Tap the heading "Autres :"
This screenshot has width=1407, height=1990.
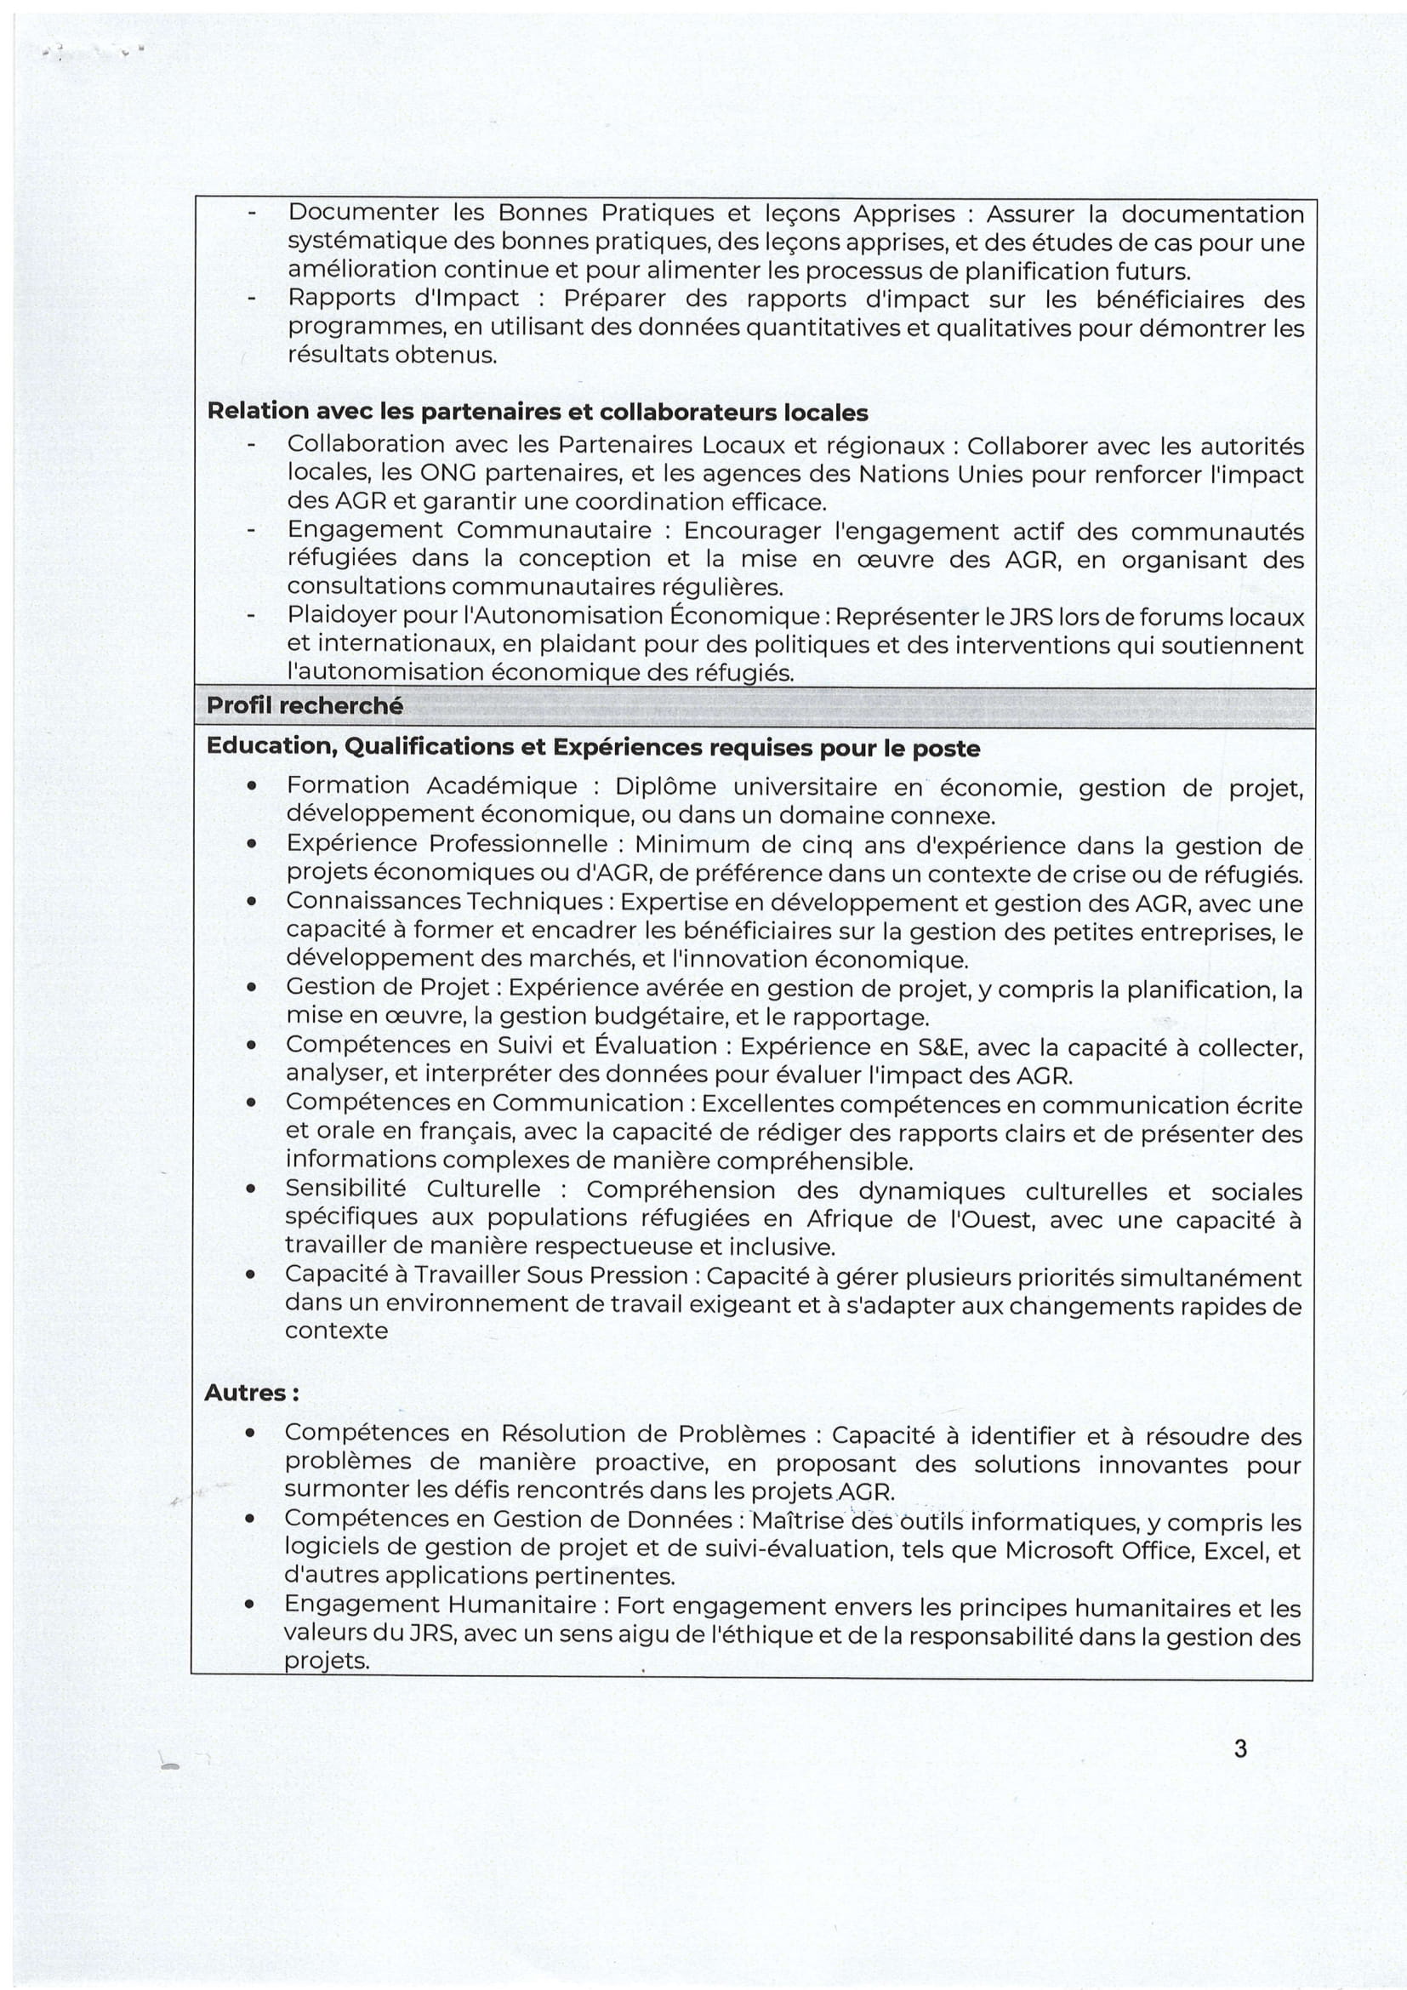point(252,1393)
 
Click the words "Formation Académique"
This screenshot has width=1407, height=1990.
point(431,785)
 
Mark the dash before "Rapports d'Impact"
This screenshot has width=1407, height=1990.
point(252,299)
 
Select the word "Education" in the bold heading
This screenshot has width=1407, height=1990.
point(264,747)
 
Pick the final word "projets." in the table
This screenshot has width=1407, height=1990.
point(327,1662)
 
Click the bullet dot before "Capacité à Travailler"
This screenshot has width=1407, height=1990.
point(250,1276)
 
